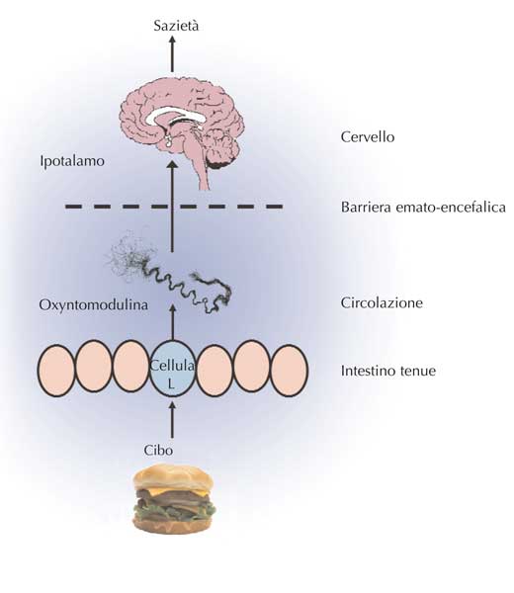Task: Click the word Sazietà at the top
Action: (x=176, y=26)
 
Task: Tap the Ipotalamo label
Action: (x=72, y=161)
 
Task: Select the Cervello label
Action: (x=368, y=136)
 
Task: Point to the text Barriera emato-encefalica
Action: (x=423, y=208)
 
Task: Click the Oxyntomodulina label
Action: (x=94, y=304)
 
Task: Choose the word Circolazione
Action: (x=382, y=302)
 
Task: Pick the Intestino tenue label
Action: (x=388, y=371)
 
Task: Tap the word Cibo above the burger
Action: (x=158, y=451)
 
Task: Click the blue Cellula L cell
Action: (x=172, y=369)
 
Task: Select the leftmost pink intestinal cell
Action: (x=56, y=371)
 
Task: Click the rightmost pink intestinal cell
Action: (x=290, y=371)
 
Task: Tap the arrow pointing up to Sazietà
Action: (x=172, y=53)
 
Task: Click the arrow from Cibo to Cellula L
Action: (x=172, y=420)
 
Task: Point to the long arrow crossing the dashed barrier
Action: (x=172, y=207)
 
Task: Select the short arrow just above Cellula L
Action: (x=172, y=322)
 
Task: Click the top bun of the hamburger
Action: (x=174, y=478)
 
